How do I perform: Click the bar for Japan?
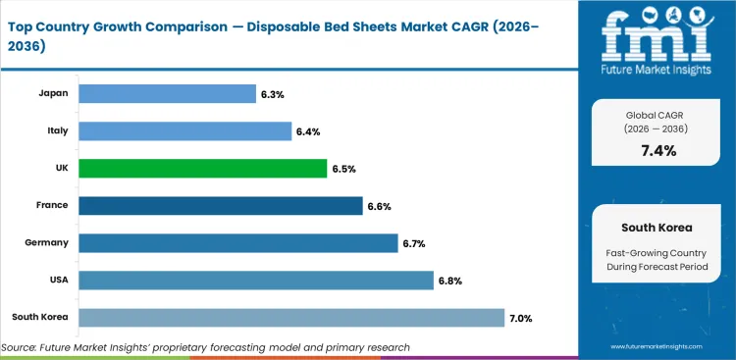click(x=166, y=93)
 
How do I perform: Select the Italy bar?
click(x=184, y=130)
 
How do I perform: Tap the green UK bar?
click(x=202, y=168)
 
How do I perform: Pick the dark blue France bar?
click(x=220, y=205)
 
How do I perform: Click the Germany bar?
click(x=237, y=242)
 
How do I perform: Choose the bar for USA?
click(x=255, y=280)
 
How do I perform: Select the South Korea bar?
click(x=290, y=317)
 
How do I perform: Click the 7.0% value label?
click(x=520, y=317)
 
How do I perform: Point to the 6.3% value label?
click(x=272, y=94)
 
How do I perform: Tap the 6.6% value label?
click(x=379, y=206)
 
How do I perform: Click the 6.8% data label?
click(x=449, y=281)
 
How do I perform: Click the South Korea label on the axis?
click(x=40, y=317)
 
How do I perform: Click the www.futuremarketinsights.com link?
click(x=656, y=347)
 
